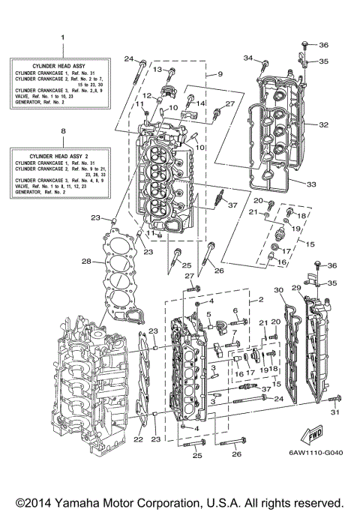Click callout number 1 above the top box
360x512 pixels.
tap(62, 36)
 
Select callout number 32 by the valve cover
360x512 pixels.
tap(323, 124)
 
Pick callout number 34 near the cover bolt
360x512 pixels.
tap(247, 58)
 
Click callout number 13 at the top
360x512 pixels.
tap(157, 69)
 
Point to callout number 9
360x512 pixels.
tap(220, 73)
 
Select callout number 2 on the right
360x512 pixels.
tap(260, 299)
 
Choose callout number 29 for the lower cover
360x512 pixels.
tap(296, 289)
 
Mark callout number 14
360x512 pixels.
tap(200, 102)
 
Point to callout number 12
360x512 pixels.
tap(148, 95)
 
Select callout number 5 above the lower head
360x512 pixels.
tap(198, 313)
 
